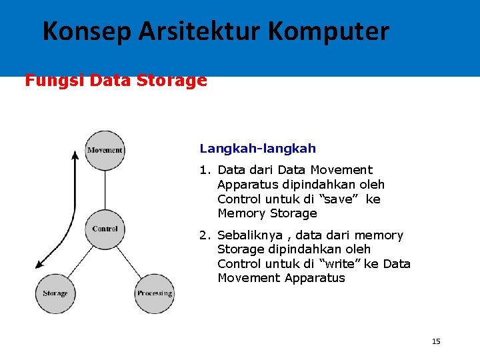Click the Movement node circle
(105, 149)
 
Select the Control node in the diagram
(105, 229)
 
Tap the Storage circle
(55, 293)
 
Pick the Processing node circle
(155, 293)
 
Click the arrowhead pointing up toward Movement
(75, 157)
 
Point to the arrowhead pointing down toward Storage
(41, 264)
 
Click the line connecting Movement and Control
(105, 189)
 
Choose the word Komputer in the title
(331, 31)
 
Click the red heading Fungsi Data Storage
(116, 81)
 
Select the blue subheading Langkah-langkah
(258, 149)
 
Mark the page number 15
(436, 341)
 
